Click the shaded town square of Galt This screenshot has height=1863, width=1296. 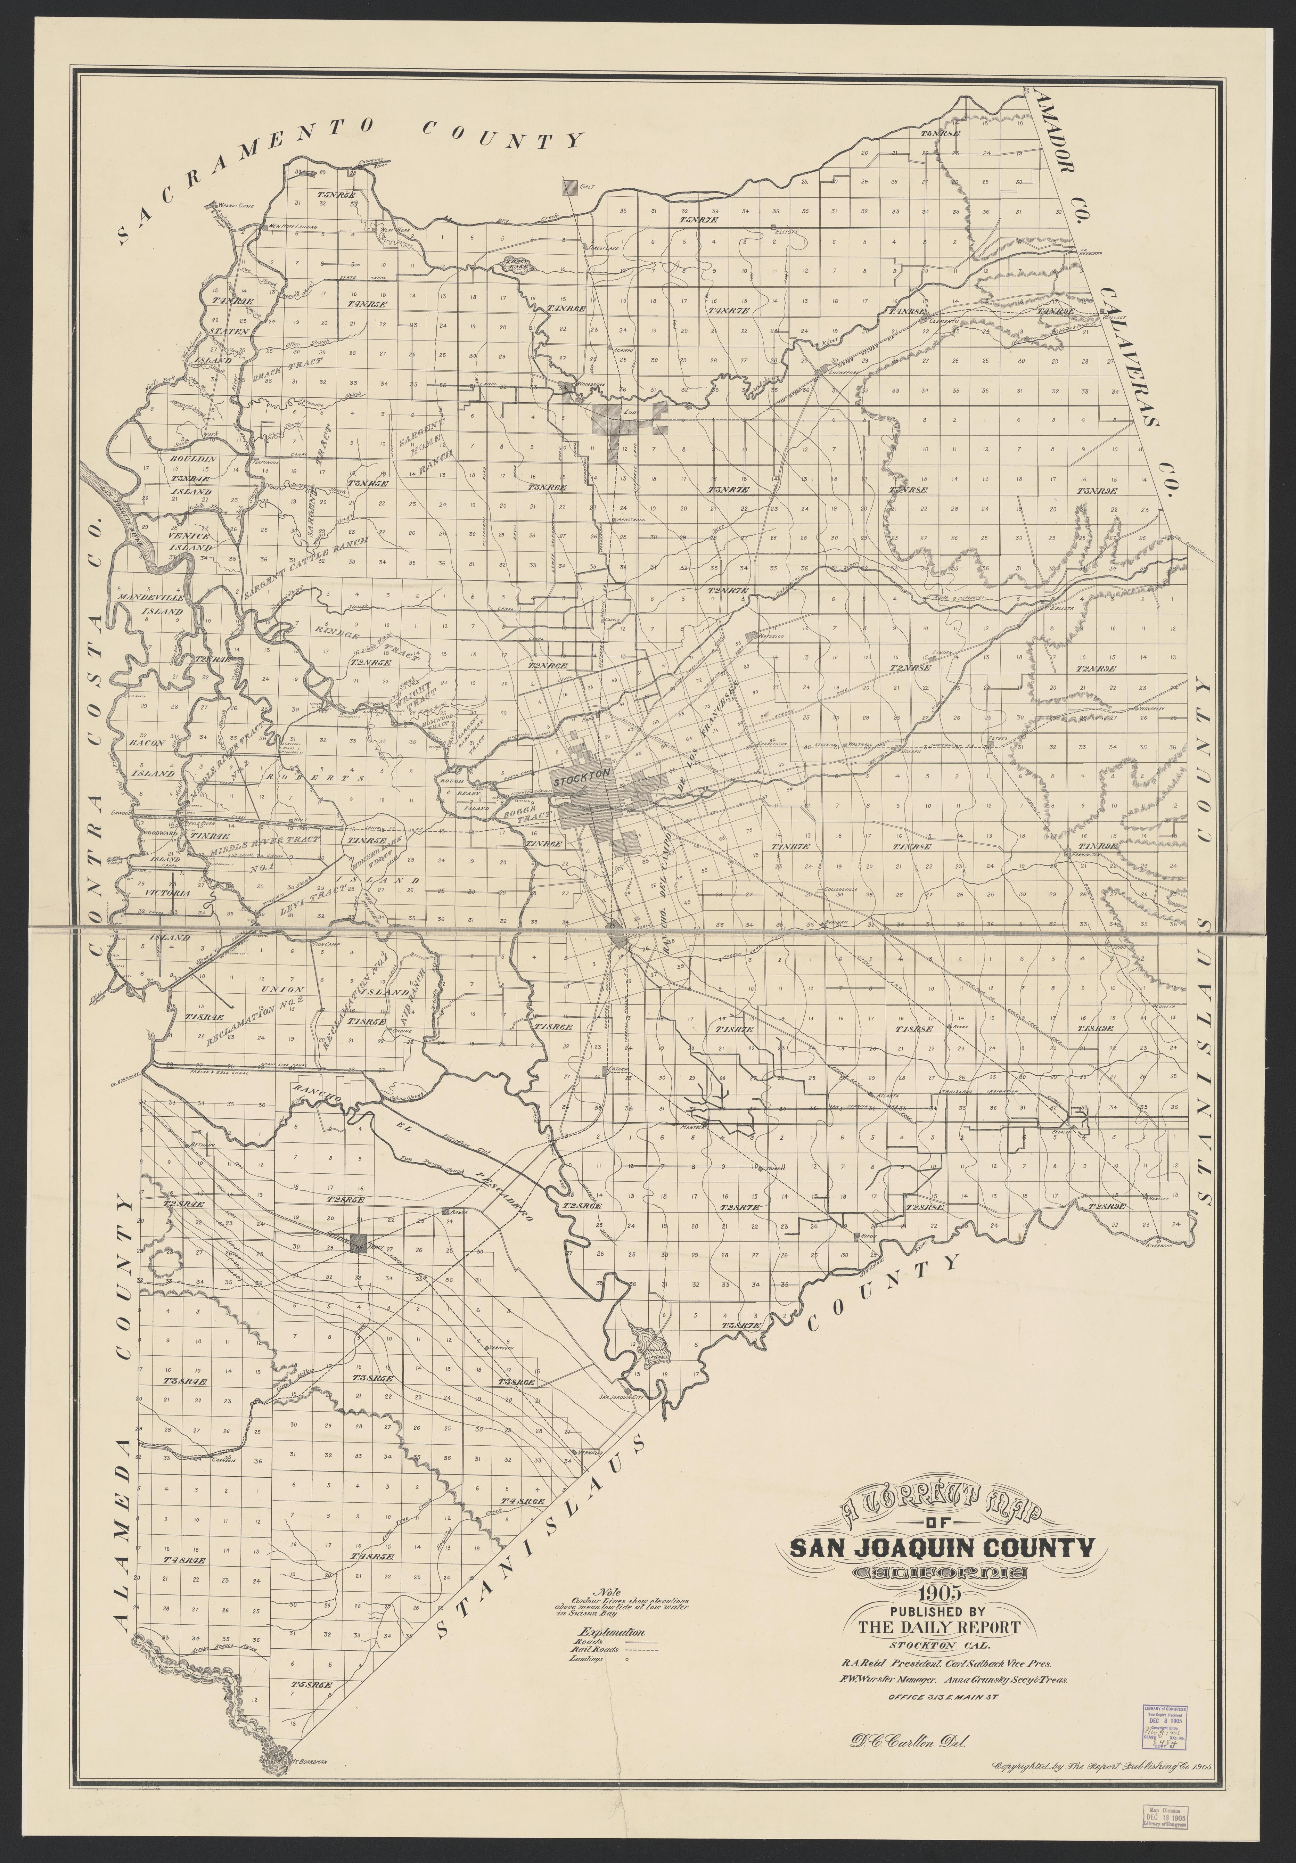point(571,187)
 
